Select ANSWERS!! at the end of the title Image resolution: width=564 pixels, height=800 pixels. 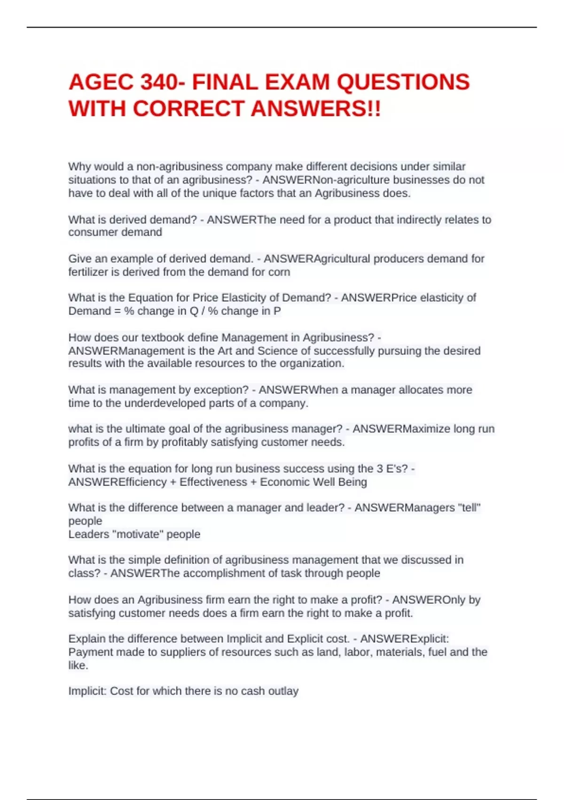(x=316, y=109)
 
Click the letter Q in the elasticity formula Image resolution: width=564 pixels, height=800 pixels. (x=194, y=311)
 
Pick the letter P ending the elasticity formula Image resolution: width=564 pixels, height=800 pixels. (x=277, y=311)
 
